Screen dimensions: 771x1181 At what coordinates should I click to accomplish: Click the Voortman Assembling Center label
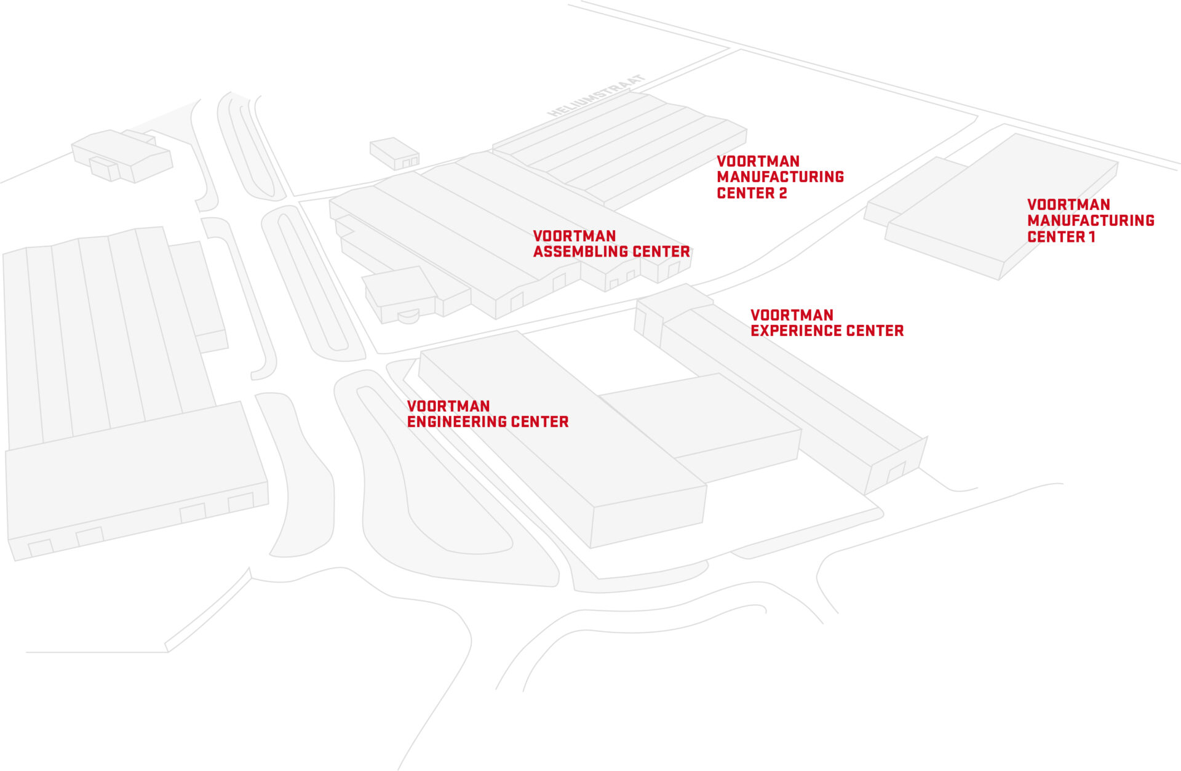click(x=611, y=244)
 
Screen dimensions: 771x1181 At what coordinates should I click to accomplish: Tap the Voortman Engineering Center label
click(x=487, y=414)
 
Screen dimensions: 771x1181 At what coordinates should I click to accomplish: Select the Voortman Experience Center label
click(x=827, y=323)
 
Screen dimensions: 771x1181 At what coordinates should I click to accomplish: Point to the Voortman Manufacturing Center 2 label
click(x=780, y=177)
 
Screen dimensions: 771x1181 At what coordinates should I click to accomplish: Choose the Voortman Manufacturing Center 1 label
click(x=1090, y=220)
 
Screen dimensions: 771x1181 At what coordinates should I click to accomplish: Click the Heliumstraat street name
click(x=596, y=96)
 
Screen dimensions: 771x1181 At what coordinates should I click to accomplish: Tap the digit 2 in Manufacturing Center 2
click(x=782, y=193)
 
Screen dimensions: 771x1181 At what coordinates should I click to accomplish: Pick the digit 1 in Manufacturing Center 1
click(x=1092, y=237)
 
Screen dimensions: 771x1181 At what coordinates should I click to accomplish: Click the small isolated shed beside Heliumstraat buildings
click(x=394, y=153)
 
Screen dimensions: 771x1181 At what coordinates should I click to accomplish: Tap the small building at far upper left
click(x=121, y=154)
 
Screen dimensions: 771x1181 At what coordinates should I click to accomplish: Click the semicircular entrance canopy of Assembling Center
click(x=408, y=316)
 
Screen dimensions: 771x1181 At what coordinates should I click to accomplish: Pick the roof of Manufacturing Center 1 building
click(x=1003, y=197)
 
